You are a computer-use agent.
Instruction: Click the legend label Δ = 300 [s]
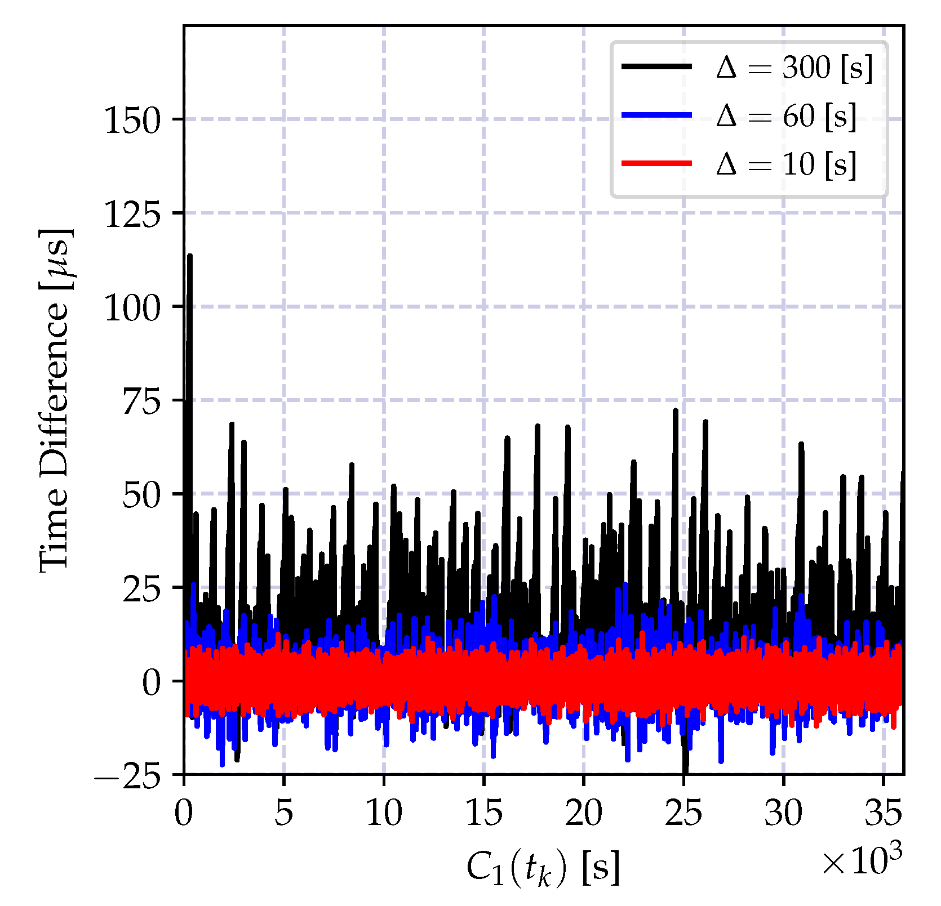click(794, 68)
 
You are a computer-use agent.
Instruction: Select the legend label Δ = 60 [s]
click(787, 117)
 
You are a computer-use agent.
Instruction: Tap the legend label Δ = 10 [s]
click(787, 164)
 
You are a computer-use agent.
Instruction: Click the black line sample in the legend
click(656, 66)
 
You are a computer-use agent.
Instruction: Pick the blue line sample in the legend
click(656, 115)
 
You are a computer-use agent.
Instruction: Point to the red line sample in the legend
click(656, 163)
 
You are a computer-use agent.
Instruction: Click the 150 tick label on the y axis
click(132, 120)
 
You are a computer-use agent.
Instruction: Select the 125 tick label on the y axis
click(132, 213)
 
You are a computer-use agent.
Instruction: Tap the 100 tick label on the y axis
click(132, 307)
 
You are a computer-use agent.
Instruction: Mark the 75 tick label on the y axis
click(141, 401)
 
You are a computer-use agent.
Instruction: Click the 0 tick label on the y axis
click(152, 682)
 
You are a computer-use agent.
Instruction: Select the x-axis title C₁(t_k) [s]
click(544, 867)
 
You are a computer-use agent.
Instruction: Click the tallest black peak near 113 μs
click(190, 256)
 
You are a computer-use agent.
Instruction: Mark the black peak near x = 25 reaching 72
click(676, 411)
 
